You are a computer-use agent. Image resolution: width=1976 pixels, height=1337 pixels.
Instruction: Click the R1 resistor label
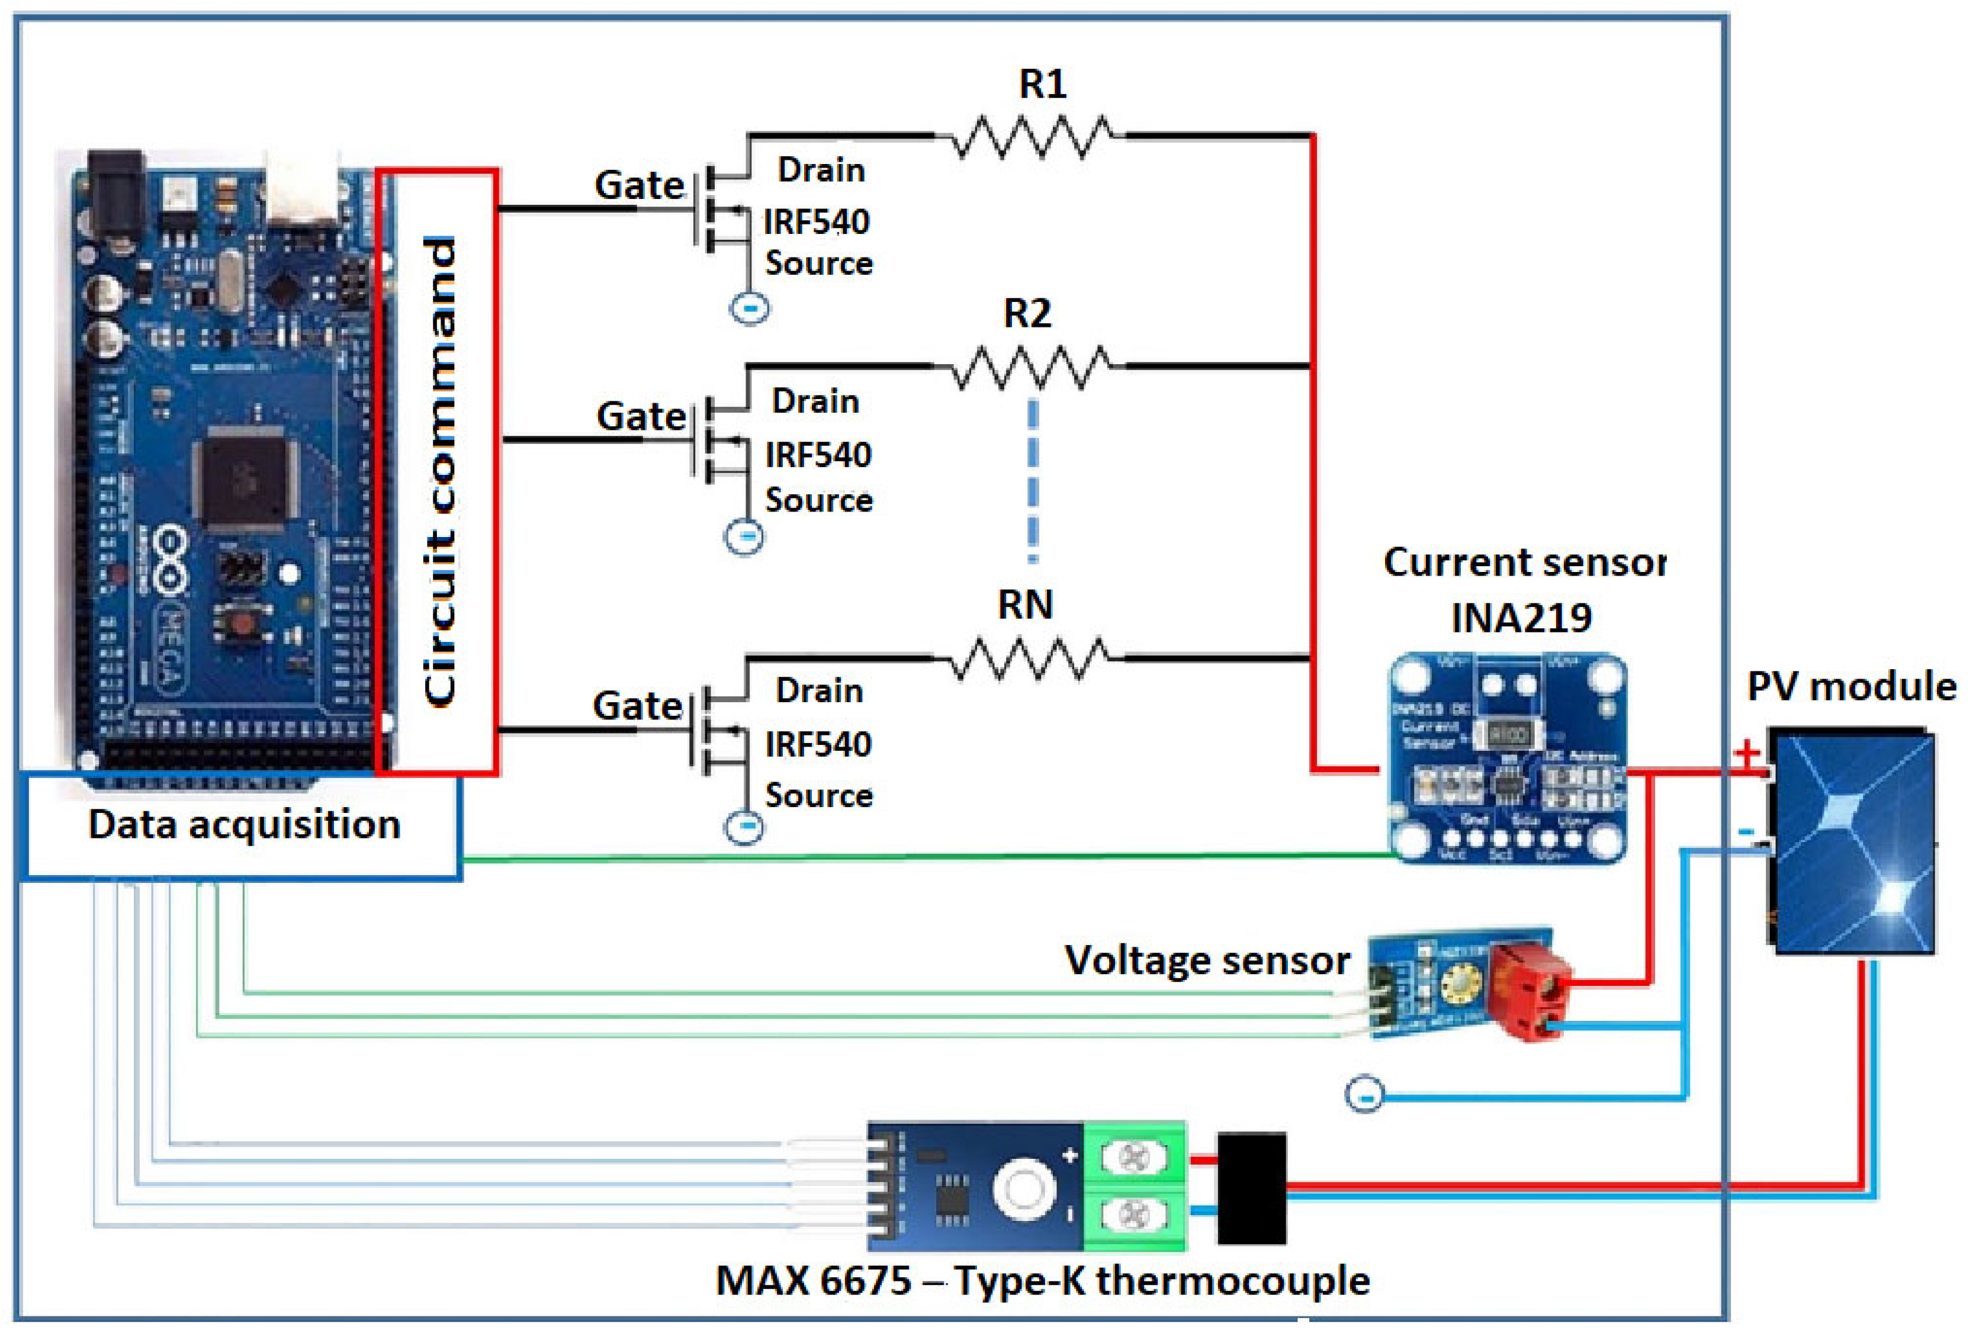pos(1042,84)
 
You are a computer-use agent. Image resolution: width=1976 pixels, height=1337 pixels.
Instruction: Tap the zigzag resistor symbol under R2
pos(1030,367)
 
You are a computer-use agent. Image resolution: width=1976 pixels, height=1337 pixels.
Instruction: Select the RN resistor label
pos(1026,605)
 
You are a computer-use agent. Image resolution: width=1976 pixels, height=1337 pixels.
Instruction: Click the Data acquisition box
pos(243,824)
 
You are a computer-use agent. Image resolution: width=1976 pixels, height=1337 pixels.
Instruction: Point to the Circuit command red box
pos(438,473)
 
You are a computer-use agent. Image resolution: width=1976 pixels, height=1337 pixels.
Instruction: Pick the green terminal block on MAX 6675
pos(1134,1187)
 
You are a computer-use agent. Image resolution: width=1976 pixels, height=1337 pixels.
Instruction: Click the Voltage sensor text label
pos(1207,960)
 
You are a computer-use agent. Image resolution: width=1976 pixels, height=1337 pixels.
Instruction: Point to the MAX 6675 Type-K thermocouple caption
pos(1042,1280)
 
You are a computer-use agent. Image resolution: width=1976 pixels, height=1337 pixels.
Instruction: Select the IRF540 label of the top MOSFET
pos(816,222)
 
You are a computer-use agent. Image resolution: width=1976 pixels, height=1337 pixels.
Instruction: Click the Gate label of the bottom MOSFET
pos(638,705)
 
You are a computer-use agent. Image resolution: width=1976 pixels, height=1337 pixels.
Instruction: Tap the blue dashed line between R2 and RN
pos(1032,480)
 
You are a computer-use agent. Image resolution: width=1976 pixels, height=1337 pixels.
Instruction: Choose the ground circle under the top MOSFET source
pos(750,308)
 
